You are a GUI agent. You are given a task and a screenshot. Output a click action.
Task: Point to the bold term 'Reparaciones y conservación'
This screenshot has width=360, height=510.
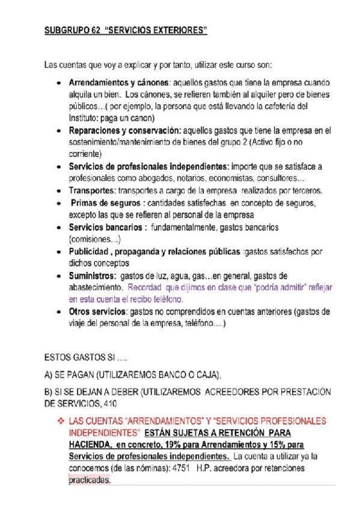(x=121, y=130)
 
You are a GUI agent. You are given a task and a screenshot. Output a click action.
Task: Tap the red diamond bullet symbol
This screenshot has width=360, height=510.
(x=59, y=420)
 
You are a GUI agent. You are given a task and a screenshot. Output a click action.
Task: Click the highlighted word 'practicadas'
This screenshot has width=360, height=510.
(x=90, y=481)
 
